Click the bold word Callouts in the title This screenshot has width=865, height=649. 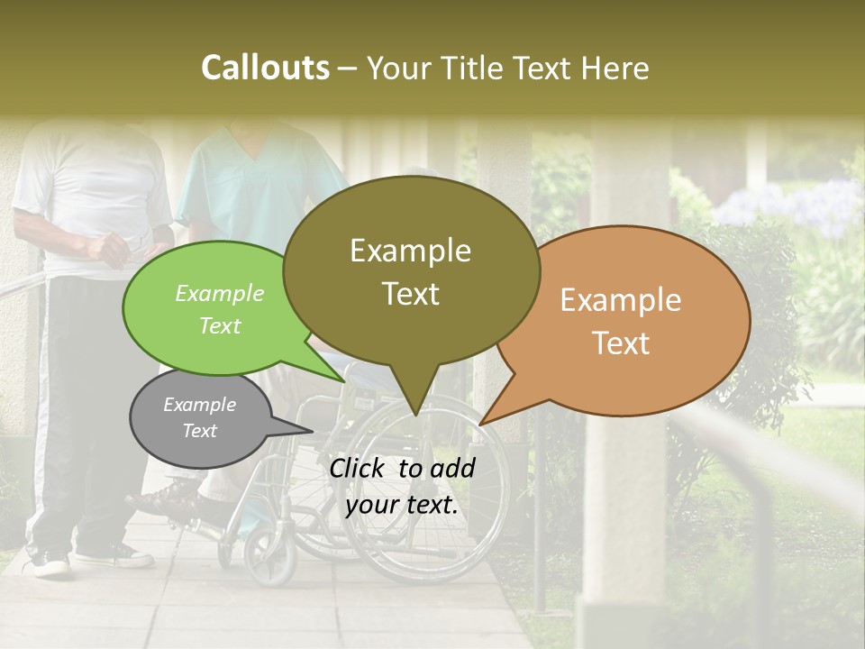point(265,68)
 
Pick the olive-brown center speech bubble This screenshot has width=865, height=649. point(411,270)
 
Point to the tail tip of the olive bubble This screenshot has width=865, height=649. point(414,415)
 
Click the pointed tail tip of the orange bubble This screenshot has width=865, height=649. point(480,424)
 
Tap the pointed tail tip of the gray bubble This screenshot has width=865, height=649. point(313,431)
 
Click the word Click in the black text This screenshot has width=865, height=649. point(358,468)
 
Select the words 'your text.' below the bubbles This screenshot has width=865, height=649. point(402,505)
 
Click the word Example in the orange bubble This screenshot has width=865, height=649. point(621,300)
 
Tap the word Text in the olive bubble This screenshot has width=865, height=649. point(411,294)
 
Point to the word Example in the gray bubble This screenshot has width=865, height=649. point(199,405)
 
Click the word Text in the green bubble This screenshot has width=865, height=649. point(219,325)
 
